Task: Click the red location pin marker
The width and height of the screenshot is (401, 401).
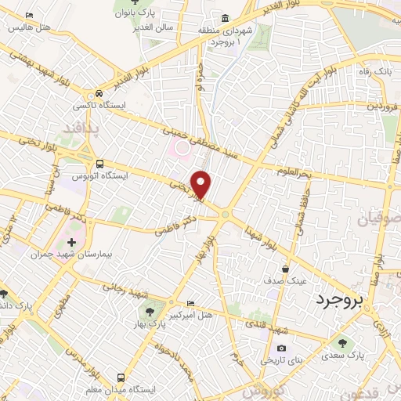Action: pyautogui.click(x=202, y=185)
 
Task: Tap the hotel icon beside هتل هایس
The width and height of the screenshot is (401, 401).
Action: pyautogui.click(x=29, y=16)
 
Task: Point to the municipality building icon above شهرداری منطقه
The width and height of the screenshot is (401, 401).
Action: pyautogui.click(x=226, y=19)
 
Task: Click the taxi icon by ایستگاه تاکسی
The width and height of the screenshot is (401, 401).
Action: pyautogui.click(x=99, y=92)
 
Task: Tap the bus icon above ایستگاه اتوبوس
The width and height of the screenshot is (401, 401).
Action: pyautogui.click(x=99, y=164)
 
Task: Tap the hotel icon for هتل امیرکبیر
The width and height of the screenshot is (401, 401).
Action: pyautogui.click(x=192, y=304)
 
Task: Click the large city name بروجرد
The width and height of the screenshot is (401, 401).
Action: pyautogui.click(x=343, y=299)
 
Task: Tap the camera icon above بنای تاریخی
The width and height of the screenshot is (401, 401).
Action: pyautogui.click(x=281, y=348)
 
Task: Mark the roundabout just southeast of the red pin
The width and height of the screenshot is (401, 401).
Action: pyautogui.click(x=226, y=213)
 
